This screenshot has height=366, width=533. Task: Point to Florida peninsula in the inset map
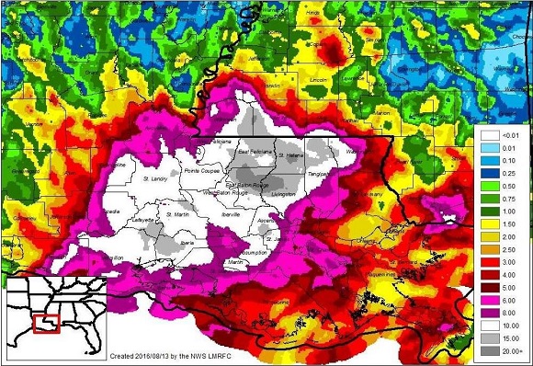click(x=89, y=340)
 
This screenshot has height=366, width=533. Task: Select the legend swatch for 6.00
click(x=489, y=301)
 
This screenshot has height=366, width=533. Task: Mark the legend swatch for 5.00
click(x=489, y=288)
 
